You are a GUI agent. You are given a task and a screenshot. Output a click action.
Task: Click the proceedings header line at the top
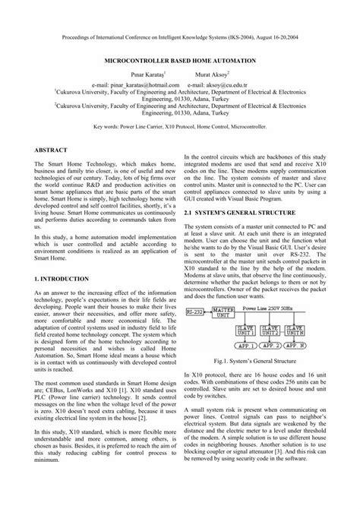coord(179,35)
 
